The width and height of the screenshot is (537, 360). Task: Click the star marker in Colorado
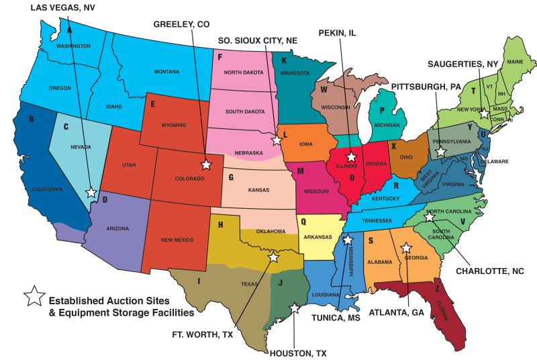[206, 164]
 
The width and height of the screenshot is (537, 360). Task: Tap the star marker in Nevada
[91, 192]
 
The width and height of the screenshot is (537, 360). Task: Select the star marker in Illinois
[351, 156]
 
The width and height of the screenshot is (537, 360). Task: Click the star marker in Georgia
[405, 247]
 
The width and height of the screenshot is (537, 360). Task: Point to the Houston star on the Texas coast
[293, 308]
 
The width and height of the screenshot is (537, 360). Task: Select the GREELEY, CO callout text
[181, 24]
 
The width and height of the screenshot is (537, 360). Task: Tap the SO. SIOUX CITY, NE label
[258, 40]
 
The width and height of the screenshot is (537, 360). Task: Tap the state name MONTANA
[166, 72]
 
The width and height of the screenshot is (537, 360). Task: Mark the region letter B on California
[32, 120]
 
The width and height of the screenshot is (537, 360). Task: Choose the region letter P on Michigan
[381, 110]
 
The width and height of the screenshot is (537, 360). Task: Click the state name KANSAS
[258, 189]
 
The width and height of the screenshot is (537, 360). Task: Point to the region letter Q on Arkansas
[303, 220]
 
